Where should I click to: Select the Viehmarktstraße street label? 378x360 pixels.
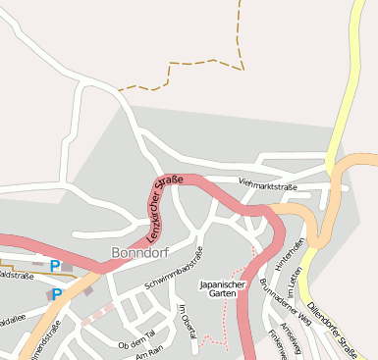click(x=267, y=183)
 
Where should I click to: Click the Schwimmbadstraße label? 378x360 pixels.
click(x=174, y=269)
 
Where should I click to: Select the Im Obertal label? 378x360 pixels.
click(x=187, y=323)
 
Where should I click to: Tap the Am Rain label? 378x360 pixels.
click(x=148, y=355)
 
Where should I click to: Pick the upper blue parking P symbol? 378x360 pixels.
click(x=55, y=266)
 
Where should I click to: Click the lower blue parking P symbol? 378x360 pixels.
click(x=57, y=294)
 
